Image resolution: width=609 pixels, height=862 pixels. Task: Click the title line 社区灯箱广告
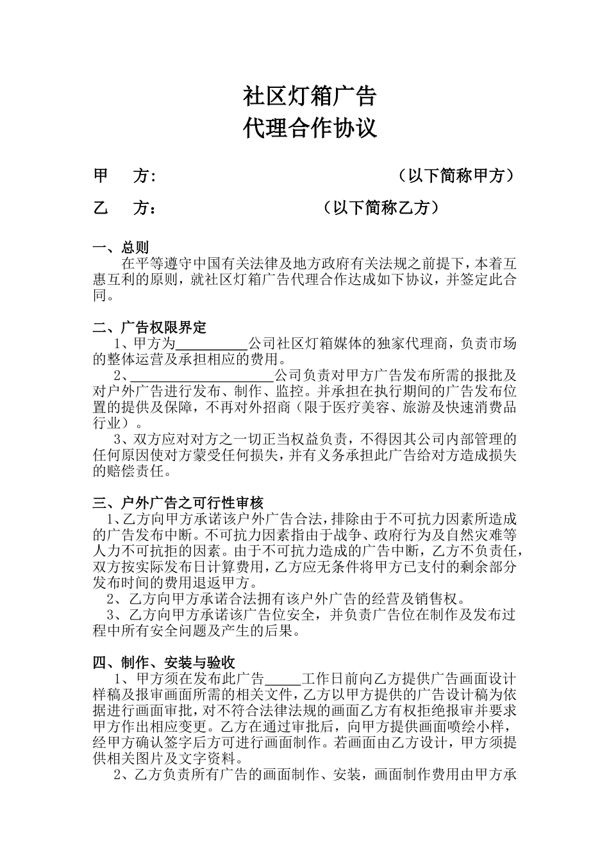pos(310,96)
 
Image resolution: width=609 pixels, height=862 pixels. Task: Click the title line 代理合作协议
pos(310,128)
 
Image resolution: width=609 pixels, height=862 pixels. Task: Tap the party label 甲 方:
pos(125,176)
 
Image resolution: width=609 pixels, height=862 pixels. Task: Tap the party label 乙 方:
pos(125,208)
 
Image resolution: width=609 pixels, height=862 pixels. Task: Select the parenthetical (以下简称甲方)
pos(455,176)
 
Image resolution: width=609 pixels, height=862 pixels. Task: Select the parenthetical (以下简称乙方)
pos(381,208)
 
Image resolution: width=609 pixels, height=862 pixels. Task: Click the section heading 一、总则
pos(121,248)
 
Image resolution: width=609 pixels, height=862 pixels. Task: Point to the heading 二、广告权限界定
pos(149,328)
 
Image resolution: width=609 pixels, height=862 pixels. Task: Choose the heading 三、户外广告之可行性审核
pos(178,503)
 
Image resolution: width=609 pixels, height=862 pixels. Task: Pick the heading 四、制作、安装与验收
pos(163,663)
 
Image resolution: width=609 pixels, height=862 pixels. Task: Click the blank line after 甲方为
pos(212,344)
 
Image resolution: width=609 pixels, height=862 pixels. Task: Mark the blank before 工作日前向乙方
pos(282,679)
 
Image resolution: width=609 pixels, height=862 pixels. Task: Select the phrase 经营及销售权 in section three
pos(418,599)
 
